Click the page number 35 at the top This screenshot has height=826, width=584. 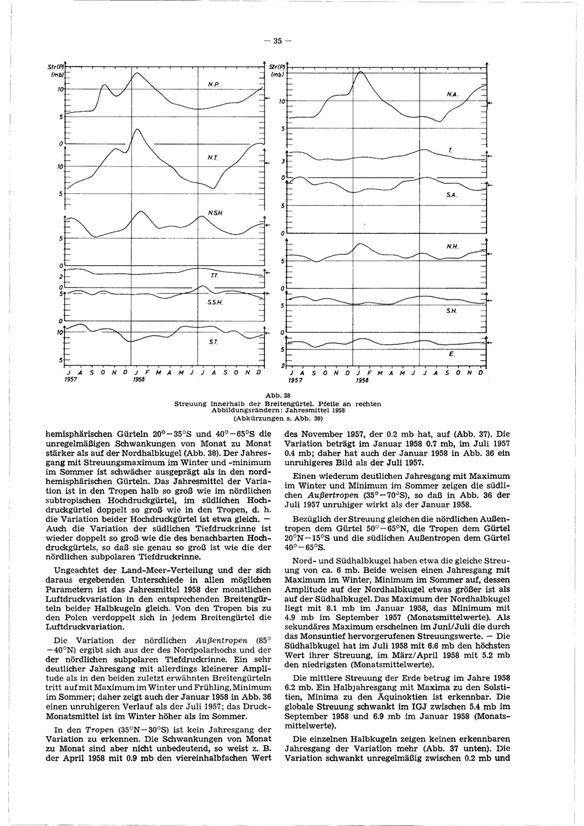(278, 41)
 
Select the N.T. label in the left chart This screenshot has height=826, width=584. (213, 157)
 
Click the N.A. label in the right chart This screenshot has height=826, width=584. (451, 95)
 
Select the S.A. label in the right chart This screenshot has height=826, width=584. (450, 196)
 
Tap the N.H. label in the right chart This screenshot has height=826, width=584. (451, 246)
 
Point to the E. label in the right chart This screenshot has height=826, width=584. (451, 355)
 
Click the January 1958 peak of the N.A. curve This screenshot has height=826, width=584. (360, 71)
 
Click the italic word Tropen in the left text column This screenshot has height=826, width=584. (85, 730)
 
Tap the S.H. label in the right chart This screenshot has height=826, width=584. (451, 313)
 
